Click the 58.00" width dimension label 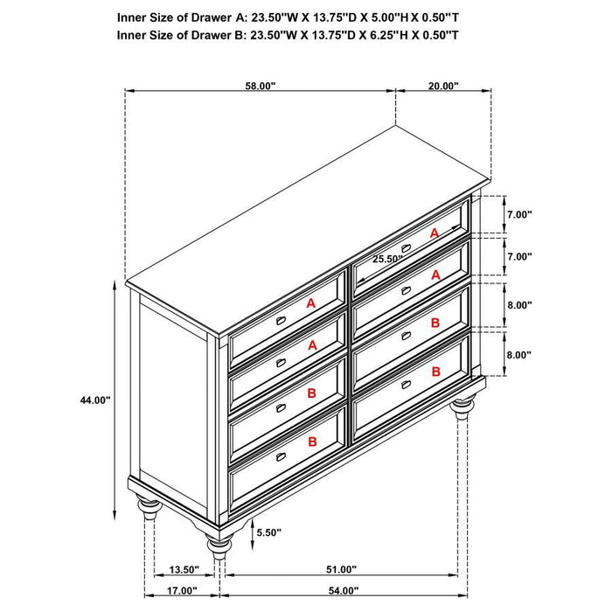click(260, 86)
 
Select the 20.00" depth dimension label click(443, 86)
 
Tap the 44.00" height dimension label click(94, 400)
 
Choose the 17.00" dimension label click(184, 589)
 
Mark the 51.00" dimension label click(341, 570)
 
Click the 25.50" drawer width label click(387, 259)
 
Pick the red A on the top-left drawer click(309, 303)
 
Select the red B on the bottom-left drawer click(311, 442)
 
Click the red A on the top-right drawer click(435, 233)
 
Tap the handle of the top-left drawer click(282, 321)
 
